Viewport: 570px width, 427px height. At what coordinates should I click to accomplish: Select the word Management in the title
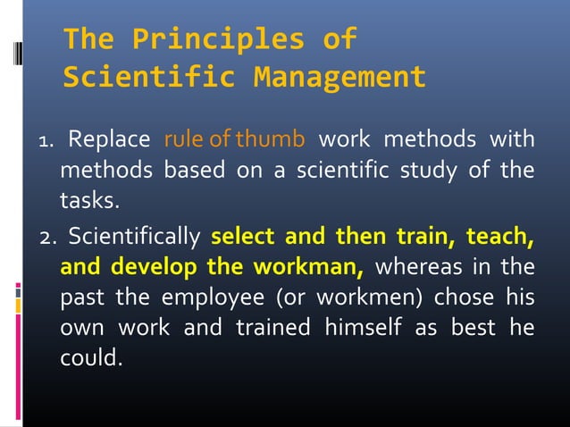click(x=339, y=79)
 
